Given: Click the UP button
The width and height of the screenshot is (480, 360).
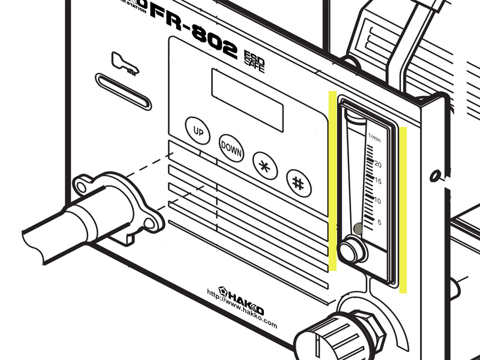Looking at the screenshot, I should pos(198,130).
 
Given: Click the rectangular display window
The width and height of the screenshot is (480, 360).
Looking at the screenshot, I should pos(247,99).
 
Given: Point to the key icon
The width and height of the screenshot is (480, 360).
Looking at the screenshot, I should pos(125,64).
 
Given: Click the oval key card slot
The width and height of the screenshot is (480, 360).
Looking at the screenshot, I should pos(123,91).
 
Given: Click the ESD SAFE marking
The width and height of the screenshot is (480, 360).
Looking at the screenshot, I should pos(254,60).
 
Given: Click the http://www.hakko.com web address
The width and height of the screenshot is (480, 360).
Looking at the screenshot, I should pos(242,309).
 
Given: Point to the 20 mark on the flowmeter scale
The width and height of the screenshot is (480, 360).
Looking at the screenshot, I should pos(378,165).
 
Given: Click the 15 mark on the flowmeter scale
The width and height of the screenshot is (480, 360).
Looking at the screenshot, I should pos(378,181).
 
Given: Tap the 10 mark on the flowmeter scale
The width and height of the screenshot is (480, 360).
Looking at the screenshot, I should pos(378,201).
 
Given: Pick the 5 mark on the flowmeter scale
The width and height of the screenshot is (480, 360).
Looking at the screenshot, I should pos(379,222).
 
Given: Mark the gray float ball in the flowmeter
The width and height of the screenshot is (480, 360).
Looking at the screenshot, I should pos(358,228).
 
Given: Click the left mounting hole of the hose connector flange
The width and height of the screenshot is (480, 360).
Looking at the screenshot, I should pos(82,187).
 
